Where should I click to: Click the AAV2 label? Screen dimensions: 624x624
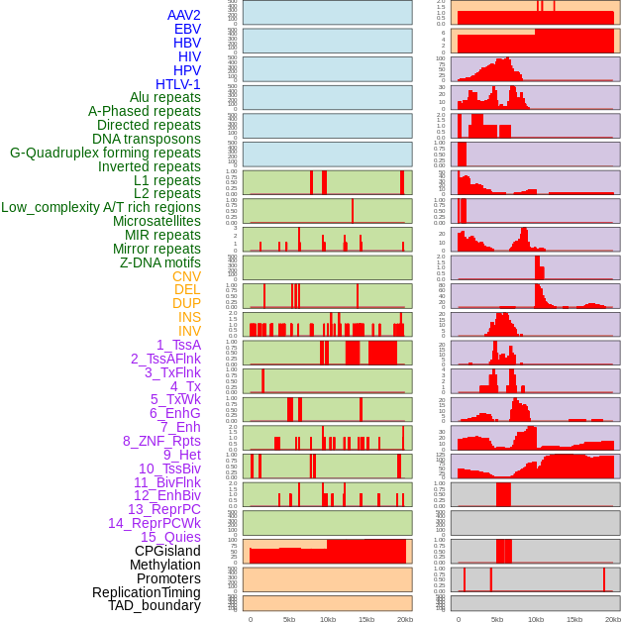point(183,15)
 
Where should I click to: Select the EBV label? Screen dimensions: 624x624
point(186,29)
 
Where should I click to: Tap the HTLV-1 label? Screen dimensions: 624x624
point(177,84)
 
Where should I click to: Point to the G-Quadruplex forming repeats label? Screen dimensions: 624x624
point(105,153)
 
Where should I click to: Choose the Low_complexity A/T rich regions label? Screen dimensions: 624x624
point(100,207)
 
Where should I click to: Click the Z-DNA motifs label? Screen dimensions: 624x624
point(159,262)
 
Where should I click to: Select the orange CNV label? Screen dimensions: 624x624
point(186,276)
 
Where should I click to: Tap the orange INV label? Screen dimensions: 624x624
point(189,331)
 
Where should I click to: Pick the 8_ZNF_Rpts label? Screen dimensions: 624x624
point(161,441)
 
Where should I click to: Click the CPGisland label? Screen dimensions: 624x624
point(167,551)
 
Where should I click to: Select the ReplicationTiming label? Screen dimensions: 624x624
point(146,592)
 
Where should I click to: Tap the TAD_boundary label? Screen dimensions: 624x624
point(154,605)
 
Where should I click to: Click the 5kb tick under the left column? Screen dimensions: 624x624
point(289,620)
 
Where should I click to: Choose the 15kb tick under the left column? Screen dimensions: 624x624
point(366,620)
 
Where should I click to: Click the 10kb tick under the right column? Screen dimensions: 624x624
point(536,620)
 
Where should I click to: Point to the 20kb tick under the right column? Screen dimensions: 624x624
point(613,620)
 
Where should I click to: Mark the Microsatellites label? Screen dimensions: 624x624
point(156,221)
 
